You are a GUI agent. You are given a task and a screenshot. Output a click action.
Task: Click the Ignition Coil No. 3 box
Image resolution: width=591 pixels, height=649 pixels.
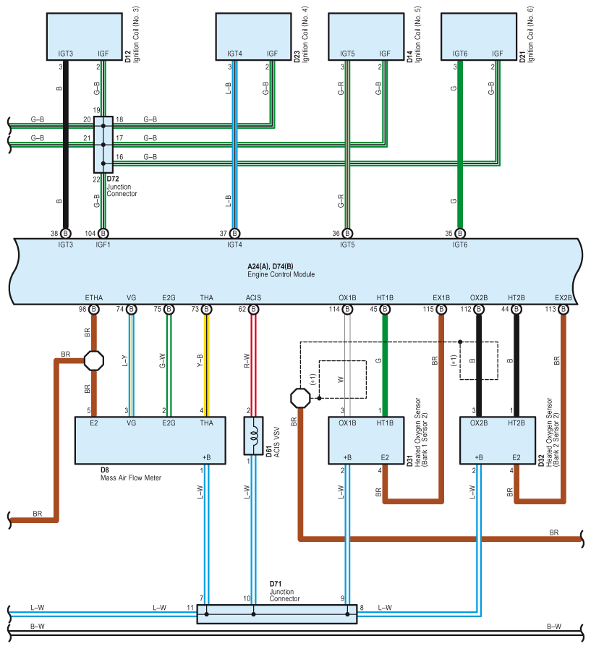[x=85, y=36]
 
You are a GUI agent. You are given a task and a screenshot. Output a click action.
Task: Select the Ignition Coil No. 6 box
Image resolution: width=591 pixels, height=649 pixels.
[x=479, y=36]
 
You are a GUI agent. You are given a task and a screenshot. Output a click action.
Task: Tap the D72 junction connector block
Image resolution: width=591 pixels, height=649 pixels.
[x=103, y=145]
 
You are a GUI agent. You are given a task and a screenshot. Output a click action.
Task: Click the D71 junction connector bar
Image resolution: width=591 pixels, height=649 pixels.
[x=277, y=614]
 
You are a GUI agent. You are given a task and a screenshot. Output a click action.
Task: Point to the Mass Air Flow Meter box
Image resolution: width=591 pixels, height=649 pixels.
[x=150, y=441]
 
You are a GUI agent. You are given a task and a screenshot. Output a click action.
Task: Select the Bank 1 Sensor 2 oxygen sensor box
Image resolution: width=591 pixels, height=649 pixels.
[x=366, y=441]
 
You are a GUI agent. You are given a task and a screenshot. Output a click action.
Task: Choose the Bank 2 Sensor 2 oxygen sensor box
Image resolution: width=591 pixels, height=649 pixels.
[x=498, y=441]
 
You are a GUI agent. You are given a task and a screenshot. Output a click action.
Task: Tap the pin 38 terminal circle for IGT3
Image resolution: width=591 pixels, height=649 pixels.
[x=65, y=234]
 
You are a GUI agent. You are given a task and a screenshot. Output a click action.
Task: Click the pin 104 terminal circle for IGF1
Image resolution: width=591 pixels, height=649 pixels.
[x=103, y=234]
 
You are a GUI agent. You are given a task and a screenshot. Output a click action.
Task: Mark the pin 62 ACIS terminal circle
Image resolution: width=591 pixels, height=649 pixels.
[x=254, y=309]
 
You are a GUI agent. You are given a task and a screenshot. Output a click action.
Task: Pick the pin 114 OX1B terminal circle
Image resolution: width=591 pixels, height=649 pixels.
[x=348, y=309]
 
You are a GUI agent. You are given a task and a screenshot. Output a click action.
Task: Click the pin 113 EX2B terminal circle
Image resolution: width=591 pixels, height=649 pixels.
[x=564, y=309]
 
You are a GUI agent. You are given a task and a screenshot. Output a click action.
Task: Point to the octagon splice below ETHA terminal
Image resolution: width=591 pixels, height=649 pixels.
[x=94, y=361]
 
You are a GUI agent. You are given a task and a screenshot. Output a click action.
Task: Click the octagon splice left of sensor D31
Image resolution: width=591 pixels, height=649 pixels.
[x=300, y=398]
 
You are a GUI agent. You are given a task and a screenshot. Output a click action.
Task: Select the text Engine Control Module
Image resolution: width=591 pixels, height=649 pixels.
[x=281, y=274]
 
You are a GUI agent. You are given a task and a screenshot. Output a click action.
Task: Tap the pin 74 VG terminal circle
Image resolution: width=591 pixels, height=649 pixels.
[x=132, y=309]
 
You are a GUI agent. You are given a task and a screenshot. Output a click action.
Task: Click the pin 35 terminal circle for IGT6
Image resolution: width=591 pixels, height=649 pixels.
[x=460, y=234]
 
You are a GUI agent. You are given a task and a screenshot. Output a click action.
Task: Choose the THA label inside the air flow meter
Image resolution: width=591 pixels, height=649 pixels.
[x=206, y=423]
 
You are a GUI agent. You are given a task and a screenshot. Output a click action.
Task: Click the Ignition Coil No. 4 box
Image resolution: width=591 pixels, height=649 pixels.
[x=254, y=36]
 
